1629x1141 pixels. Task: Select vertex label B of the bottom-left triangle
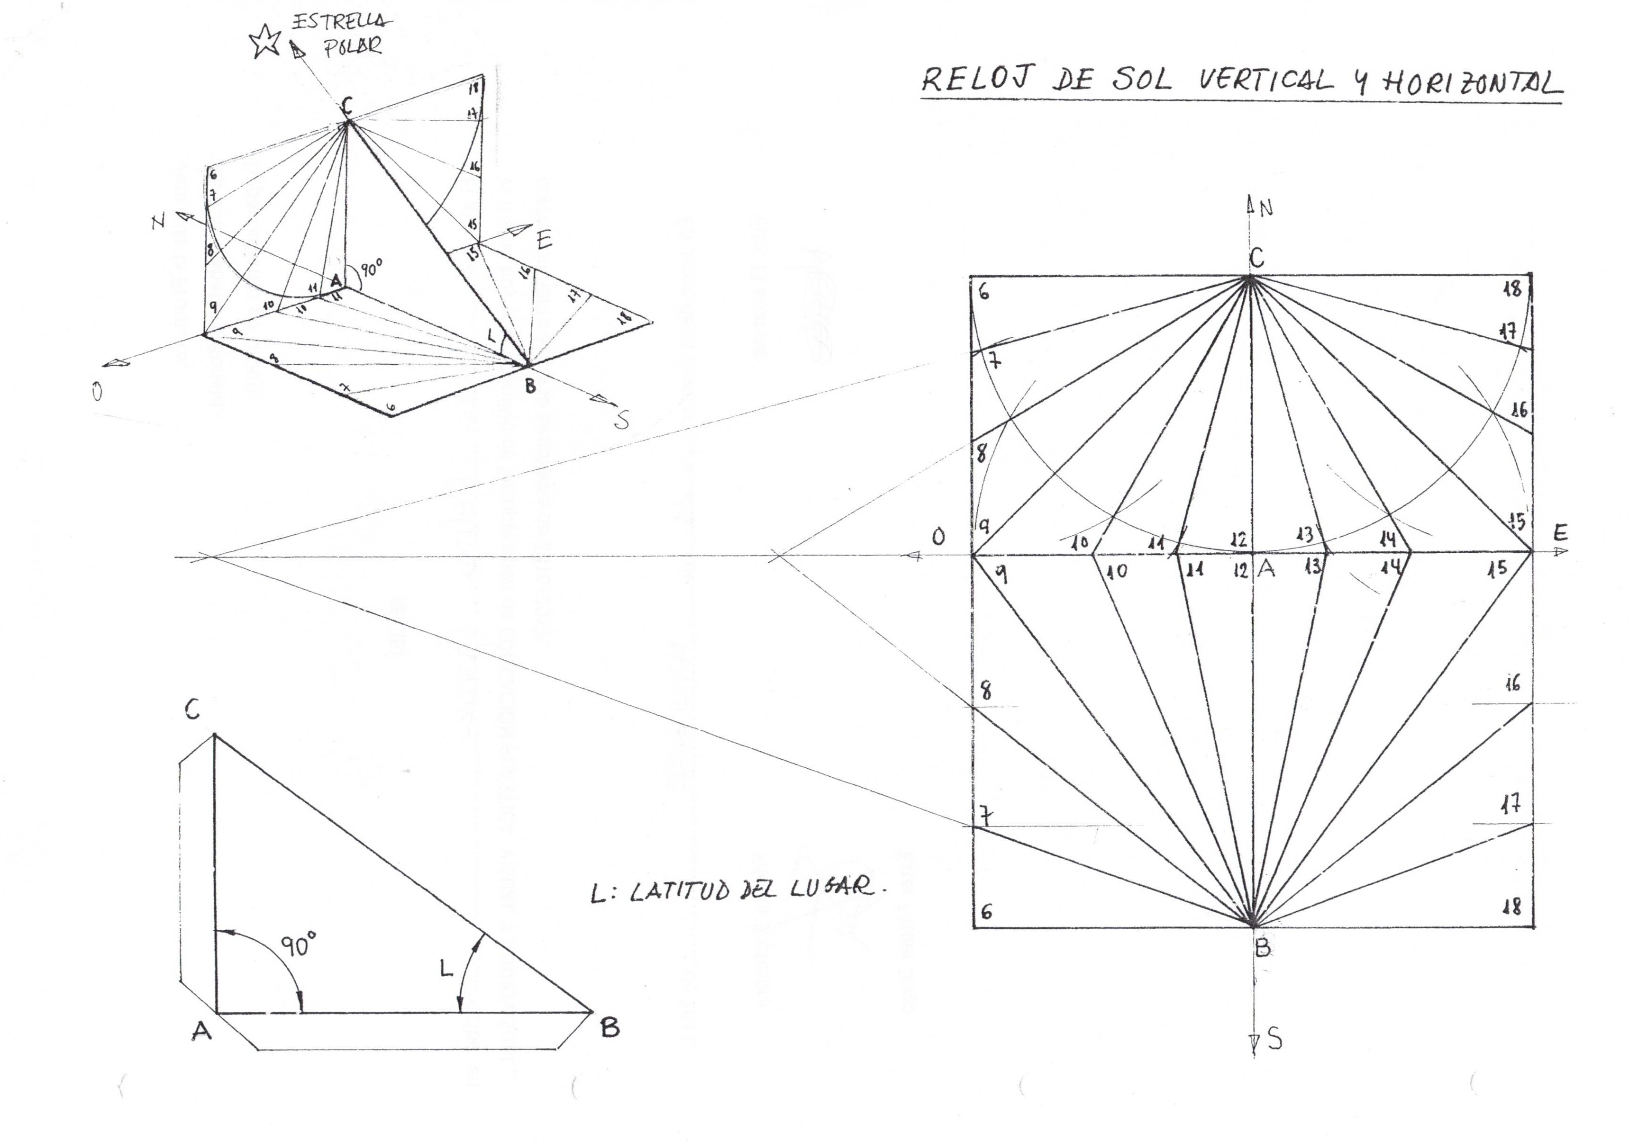point(610,1027)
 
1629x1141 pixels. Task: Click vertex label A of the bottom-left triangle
point(201,1031)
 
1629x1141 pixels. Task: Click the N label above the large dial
point(1266,208)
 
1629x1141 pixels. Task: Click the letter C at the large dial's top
point(1256,258)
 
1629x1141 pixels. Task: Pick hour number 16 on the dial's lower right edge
point(1512,683)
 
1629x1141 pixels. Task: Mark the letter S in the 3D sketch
point(621,421)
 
